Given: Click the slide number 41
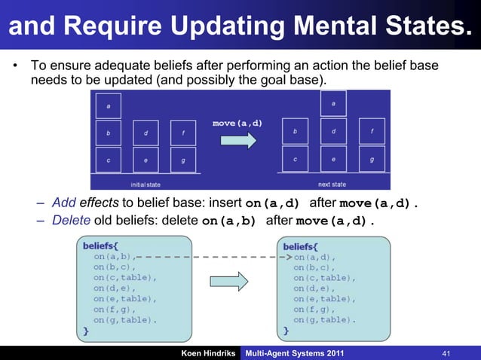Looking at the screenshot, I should [446, 352].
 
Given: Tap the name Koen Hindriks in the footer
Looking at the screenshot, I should [206, 352].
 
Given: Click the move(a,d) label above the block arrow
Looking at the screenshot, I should [237, 123].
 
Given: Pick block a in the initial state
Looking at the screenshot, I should [109, 106].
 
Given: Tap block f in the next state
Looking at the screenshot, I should [372, 130].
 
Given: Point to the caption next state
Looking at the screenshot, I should [332, 184].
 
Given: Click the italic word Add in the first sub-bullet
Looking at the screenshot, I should [64, 203].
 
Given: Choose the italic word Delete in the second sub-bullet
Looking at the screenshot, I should [71, 221].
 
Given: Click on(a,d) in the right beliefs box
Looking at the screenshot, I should [314, 256].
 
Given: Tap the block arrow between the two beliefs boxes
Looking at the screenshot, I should [238, 282].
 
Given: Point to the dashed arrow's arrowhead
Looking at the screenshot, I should [288, 256].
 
